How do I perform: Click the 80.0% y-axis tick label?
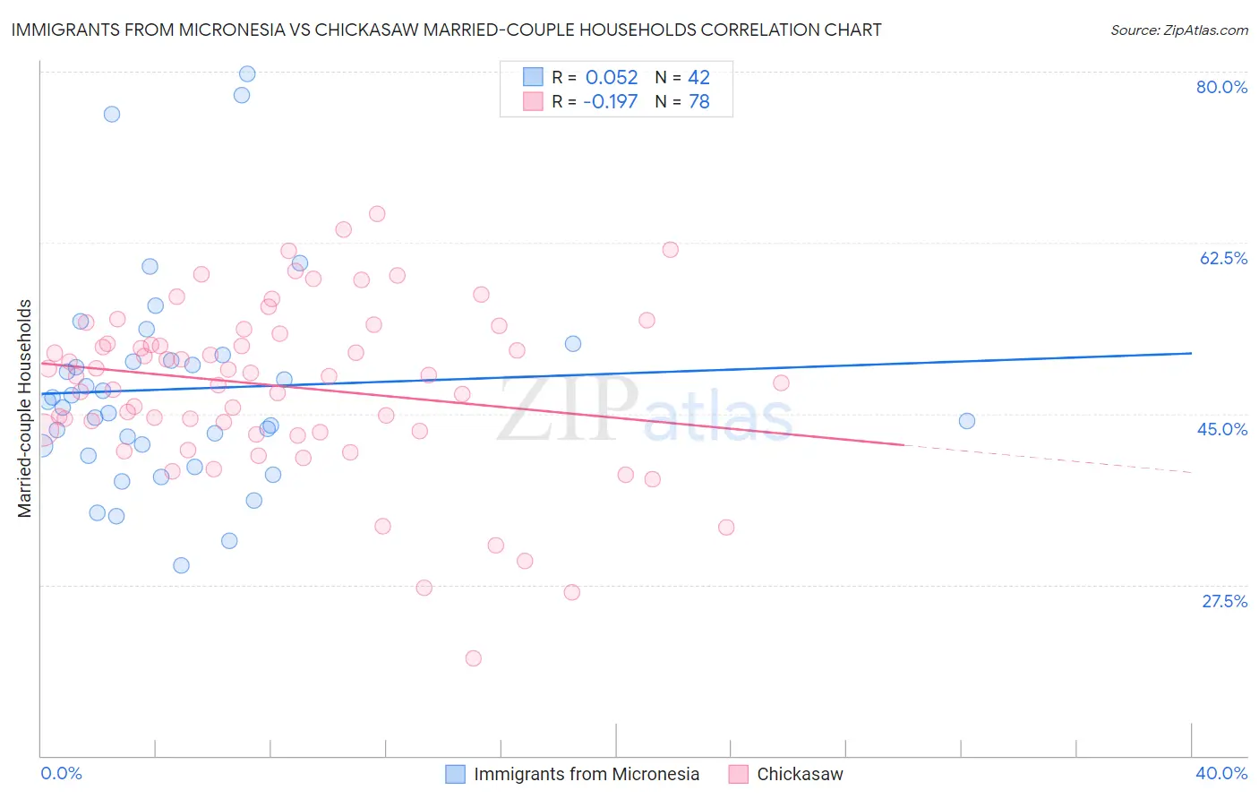pos(1221,87)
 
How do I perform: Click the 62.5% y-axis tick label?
pos(1223,258)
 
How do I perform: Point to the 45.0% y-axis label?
pos(1222,429)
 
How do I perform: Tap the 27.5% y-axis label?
pos(1224,601)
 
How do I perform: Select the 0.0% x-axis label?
pos(61,773)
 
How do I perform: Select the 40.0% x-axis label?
pos(1221,773)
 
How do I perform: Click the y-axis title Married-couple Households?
pos(25,408)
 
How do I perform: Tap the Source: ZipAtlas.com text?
pos(1178,30)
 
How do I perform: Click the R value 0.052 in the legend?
pos(612,77)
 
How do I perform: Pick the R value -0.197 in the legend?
pos(610,101)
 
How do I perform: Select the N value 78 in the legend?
pos(698,101)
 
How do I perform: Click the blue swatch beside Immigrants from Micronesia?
pos(455,774)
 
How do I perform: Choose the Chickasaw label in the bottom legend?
pos(800,774)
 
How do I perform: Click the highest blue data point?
pos(247,73)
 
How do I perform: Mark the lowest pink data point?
pos(474,658)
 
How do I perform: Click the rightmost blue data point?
pos(966,421)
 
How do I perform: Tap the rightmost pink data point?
pos(781,383)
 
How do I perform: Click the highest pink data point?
pos(377,214)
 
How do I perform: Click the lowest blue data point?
pos(181,565)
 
